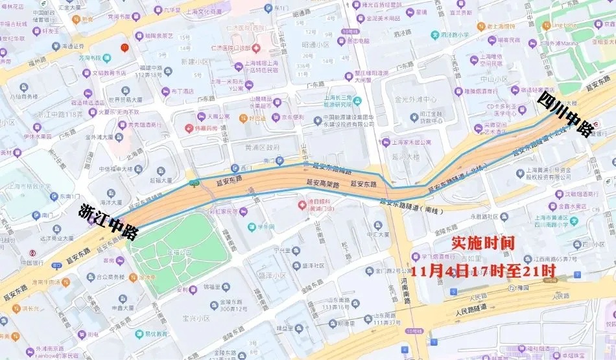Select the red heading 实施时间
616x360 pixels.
pos(482,244)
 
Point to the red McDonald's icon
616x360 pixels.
pos(125,47)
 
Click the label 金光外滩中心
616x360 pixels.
pos(415,100)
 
